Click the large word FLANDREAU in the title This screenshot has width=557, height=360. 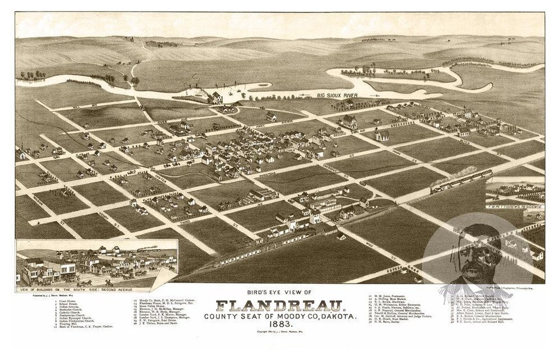click(280, 305)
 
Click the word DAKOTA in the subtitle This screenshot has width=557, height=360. click(338, 317)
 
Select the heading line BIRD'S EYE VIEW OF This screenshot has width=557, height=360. click(280, 292)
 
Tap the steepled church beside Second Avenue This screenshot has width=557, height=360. click(381, 134)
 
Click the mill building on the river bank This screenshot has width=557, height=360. click(215, 97)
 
